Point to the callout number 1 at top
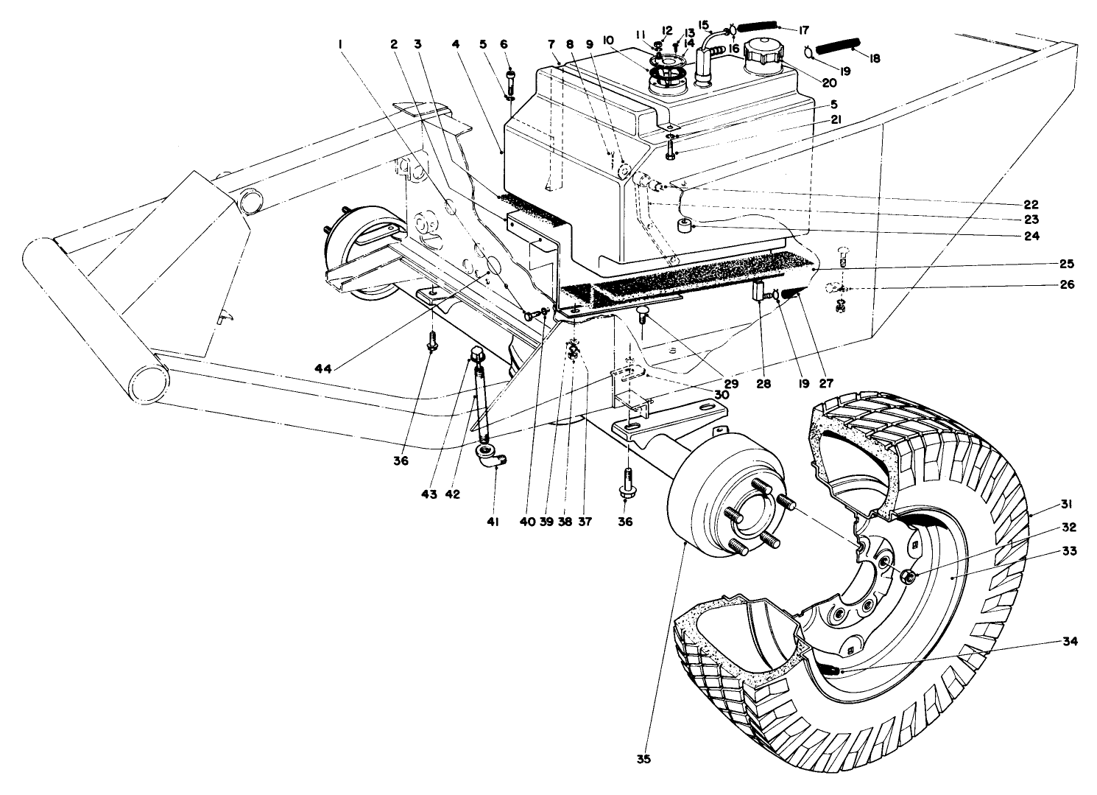340,44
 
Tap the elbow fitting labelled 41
490,460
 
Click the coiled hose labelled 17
758,27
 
